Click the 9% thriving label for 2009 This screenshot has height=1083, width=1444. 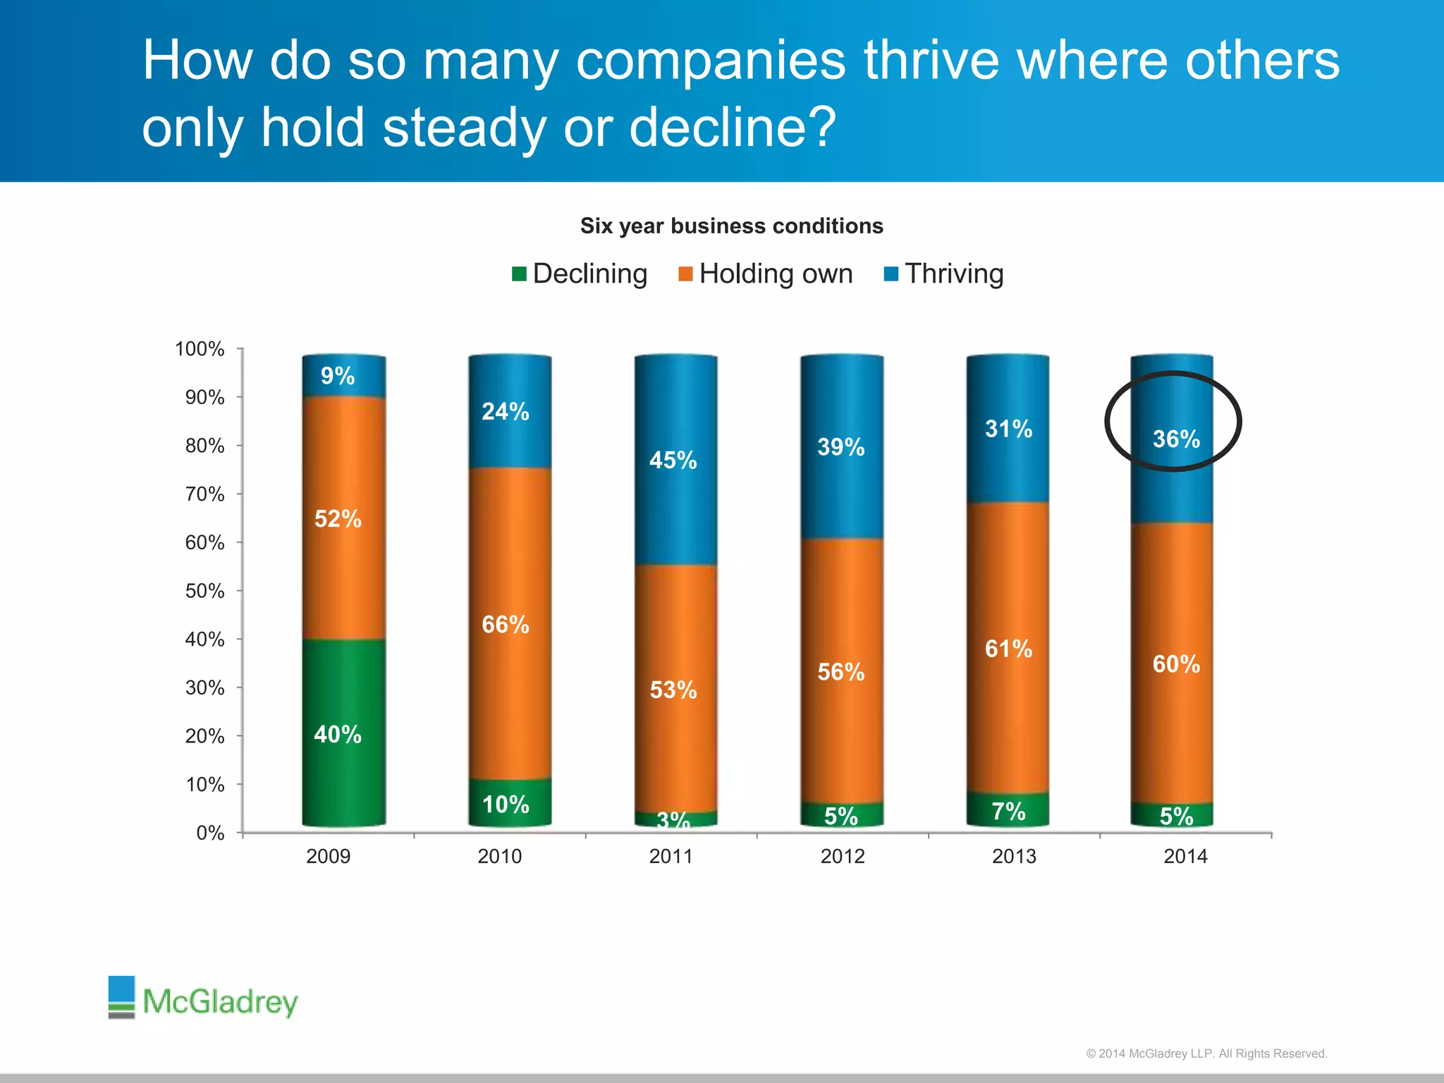pyautogui.click(x=338, y=376)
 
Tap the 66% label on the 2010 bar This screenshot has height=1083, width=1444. pyautogui.click(x=505, y=625)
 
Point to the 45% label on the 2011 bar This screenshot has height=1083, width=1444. pyautogui.click(x=673, y=460)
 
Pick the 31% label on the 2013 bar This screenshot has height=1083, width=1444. pyautogui.click(x=1008, y=429)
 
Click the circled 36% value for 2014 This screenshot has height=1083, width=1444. pyautogui.click(x=1175, y=439)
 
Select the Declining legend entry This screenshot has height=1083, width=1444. pyautogui.click(x=580, y=274)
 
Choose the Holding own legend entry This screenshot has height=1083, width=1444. pyautogui.click(x=766, y=274)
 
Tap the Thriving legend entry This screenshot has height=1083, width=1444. pyautogui.click(x=944, y=274)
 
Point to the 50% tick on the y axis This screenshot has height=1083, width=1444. pyautogui.click(x=205, y=591)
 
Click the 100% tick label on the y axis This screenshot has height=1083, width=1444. pyautogui.click(x=200, y=349)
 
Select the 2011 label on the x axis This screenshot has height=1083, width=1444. pyautogui.click(x=671, y=856)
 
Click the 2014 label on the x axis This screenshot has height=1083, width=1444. pyautogui.click(x=1185, y=856)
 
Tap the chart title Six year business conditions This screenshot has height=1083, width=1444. pyautogui.click(x=731, y=226)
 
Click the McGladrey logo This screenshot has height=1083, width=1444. pyautogui.click(x=203, y=998)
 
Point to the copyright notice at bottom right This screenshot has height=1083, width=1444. pyautogui.click(x=1206, y=1053)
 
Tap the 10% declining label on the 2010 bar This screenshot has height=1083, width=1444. pyautogui.click(x=505, y=804)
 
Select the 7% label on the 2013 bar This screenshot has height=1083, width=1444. pyautogui.click(x=1008, y=812)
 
